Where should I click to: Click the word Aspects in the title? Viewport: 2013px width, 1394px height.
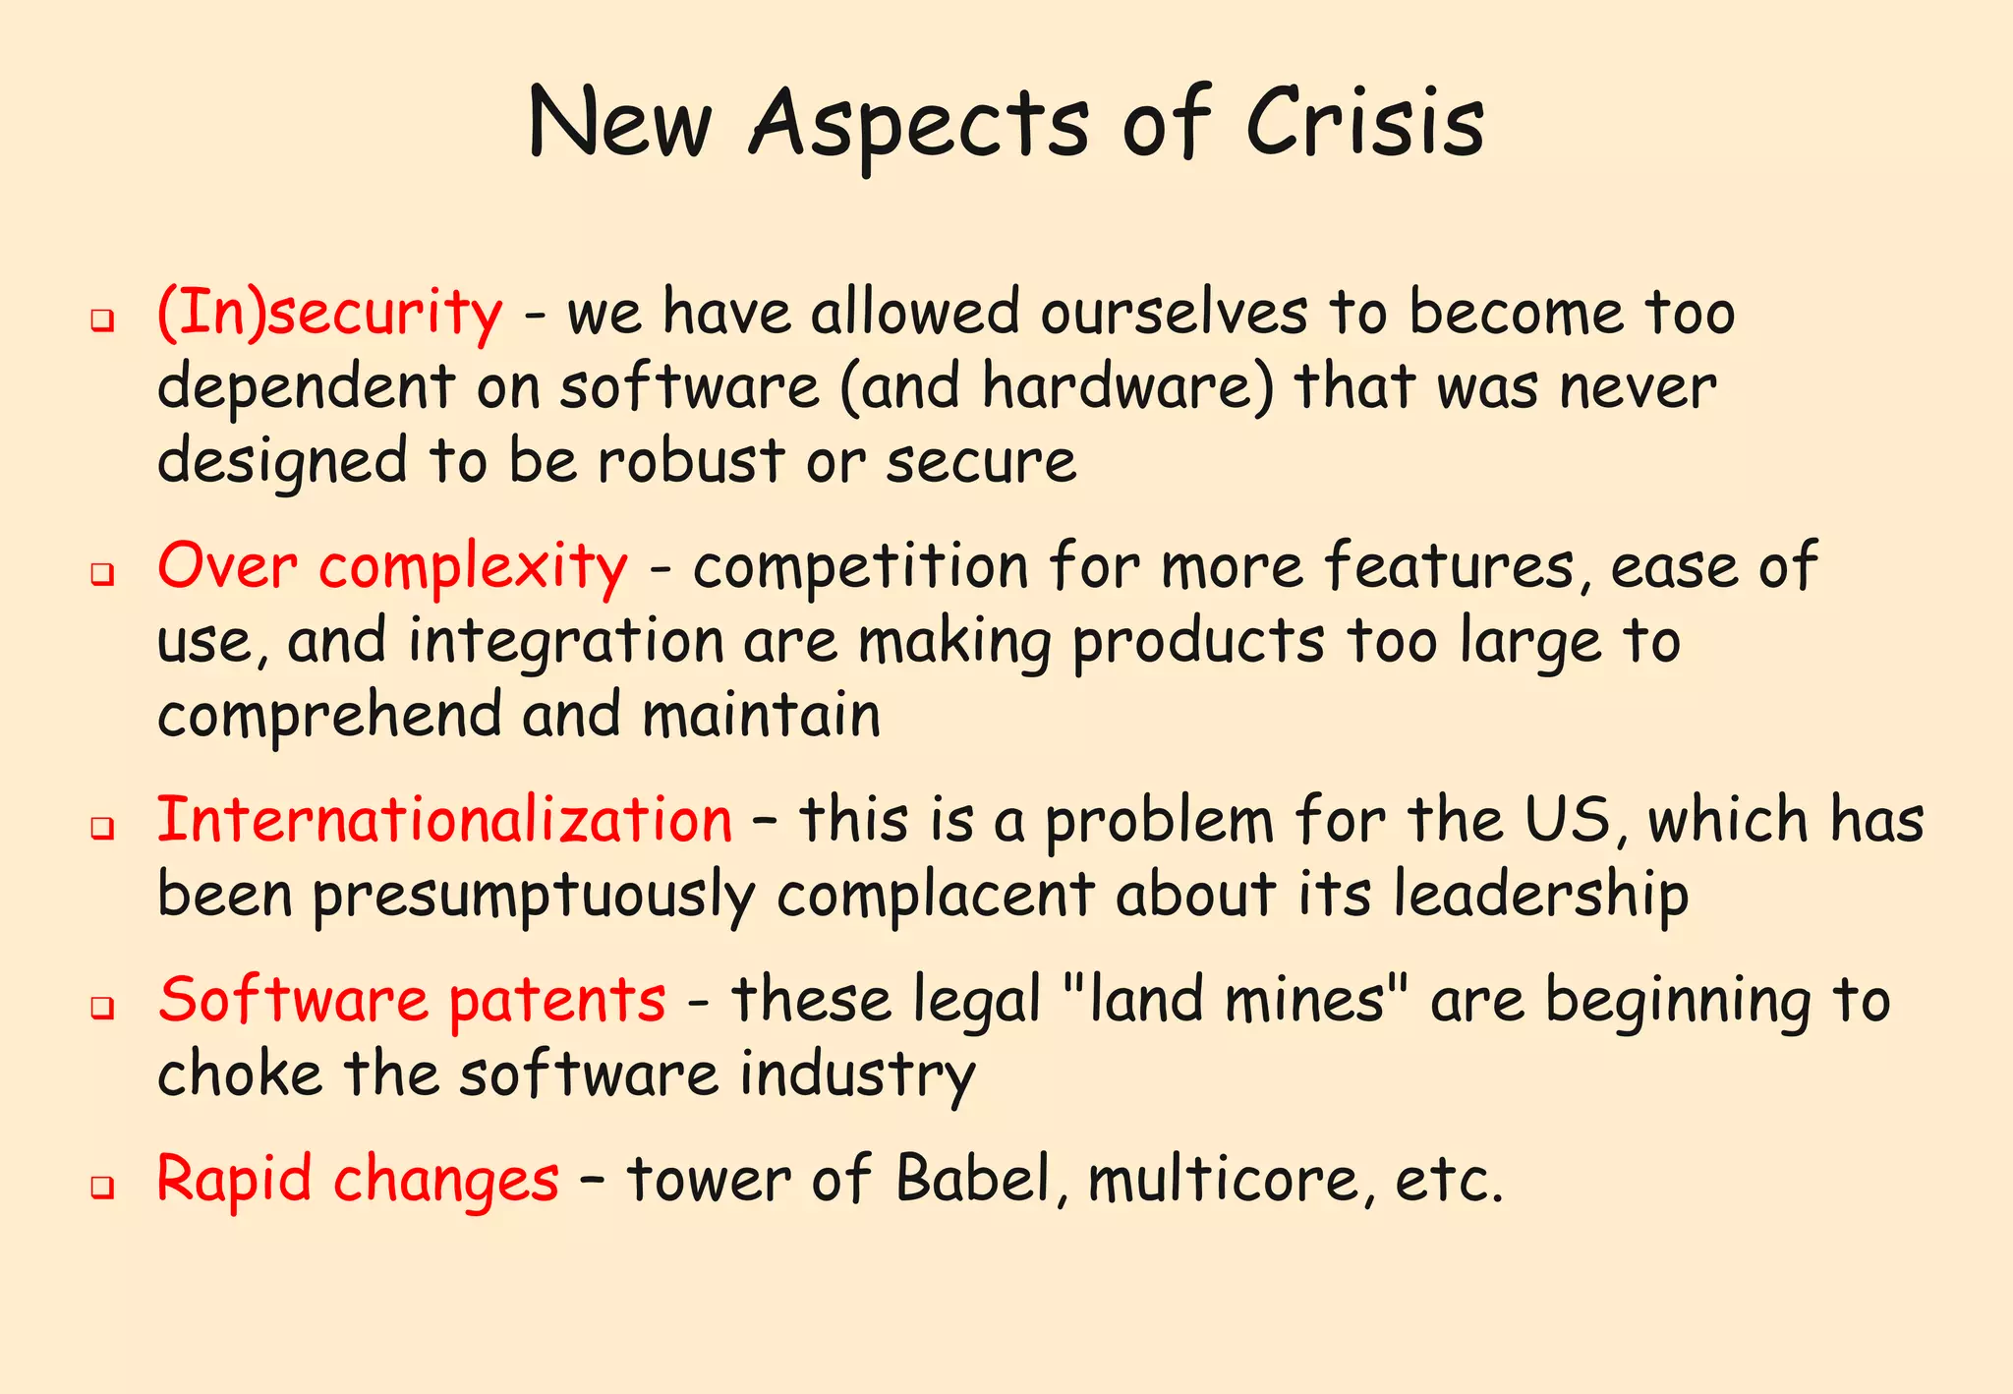(918, 126)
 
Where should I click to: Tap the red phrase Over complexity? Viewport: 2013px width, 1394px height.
(392, 567)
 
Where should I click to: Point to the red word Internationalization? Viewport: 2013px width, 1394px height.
(444, 820)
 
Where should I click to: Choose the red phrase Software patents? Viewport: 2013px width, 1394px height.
(412, 1000)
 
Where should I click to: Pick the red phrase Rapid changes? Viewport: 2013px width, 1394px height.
(358, 1179)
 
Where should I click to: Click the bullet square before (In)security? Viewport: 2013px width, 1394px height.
(101, 320)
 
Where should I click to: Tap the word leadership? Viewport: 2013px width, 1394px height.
(1540, 895)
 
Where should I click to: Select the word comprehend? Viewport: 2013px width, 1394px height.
(329, 716)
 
